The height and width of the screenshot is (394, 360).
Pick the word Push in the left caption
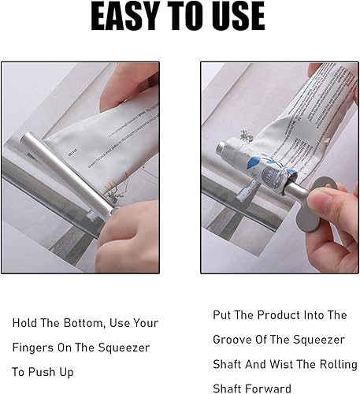pos(46,372)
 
